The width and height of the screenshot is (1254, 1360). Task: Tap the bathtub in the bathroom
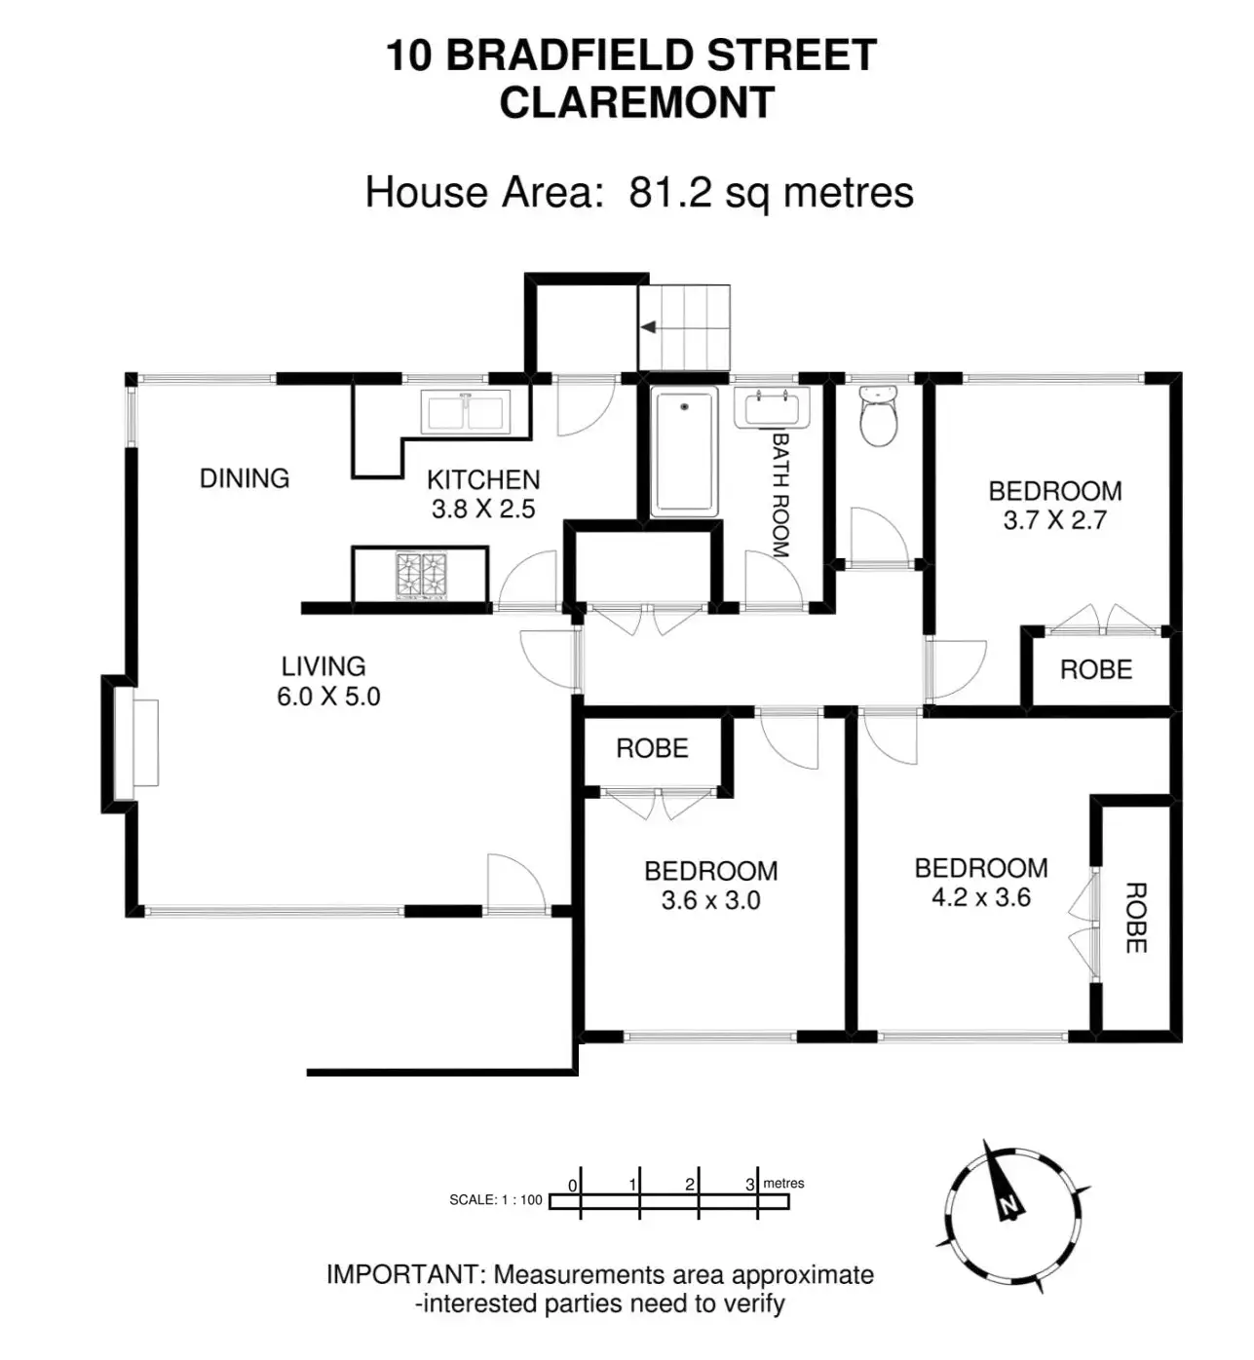click(x=685, y=451)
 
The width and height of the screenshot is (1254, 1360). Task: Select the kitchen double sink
click(x=466, y=411)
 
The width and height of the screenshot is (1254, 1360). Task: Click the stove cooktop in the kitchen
click(x=421, y=575)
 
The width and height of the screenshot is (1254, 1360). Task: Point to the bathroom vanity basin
click(x=772, y=408)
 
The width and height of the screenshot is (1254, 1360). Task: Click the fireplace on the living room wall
click(x=136, y=742)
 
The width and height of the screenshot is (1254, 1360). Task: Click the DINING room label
click(x=245, y=478)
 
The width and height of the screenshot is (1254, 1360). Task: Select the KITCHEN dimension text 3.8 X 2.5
click(x=483, y=509)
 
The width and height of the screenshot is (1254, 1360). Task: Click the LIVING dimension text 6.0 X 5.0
click(x=328, y=697)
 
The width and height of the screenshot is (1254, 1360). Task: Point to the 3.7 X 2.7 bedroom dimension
click(x=1055, y=520)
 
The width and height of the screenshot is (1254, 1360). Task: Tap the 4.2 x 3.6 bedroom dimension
click(x=981, y=897)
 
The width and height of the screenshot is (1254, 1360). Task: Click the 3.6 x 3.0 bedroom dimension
click(x=711, y=900)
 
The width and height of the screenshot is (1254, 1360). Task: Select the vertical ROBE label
click(x=1135, y=918)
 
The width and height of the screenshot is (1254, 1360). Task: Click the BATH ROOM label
click(x=780, y=495)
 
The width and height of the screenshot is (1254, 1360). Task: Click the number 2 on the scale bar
click(x=690, y=1185)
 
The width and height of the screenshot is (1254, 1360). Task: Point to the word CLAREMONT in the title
click(x=637, y=103)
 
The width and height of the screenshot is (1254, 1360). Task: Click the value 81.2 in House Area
click(x=671, y=193)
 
